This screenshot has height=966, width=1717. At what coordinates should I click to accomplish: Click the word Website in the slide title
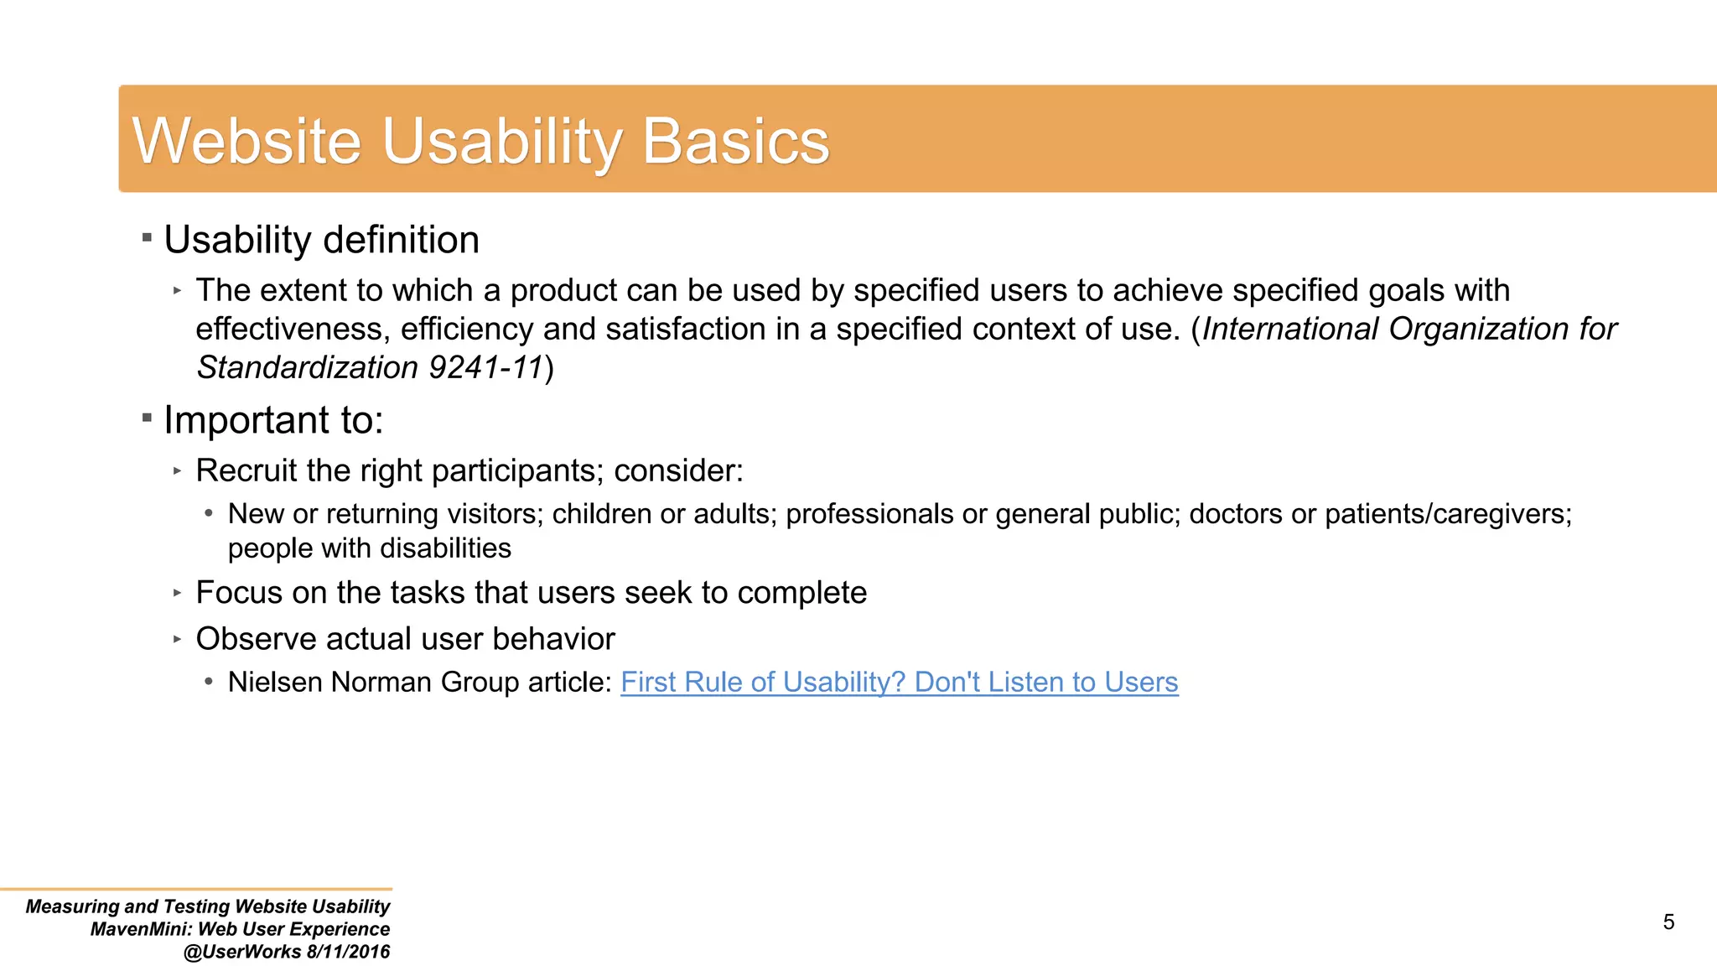246,141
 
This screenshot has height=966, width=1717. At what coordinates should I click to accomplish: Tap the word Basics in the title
735,141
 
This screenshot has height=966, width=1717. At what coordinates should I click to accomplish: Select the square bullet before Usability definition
147,238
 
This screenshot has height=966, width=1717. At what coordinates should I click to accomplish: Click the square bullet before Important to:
147,418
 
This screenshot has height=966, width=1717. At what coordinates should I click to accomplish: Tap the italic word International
1290,329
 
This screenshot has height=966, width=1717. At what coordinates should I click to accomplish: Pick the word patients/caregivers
1448,513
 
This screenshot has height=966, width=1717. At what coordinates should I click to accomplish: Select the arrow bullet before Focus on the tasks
177,593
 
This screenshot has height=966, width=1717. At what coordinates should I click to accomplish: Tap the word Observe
256,639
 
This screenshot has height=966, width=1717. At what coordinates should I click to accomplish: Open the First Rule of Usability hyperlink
899,682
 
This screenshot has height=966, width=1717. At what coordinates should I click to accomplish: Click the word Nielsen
276,682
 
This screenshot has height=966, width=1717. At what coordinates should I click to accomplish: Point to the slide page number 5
1668,922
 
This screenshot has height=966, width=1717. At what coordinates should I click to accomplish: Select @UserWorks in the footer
242,952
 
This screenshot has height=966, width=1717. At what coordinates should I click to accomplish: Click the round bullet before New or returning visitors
209,513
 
